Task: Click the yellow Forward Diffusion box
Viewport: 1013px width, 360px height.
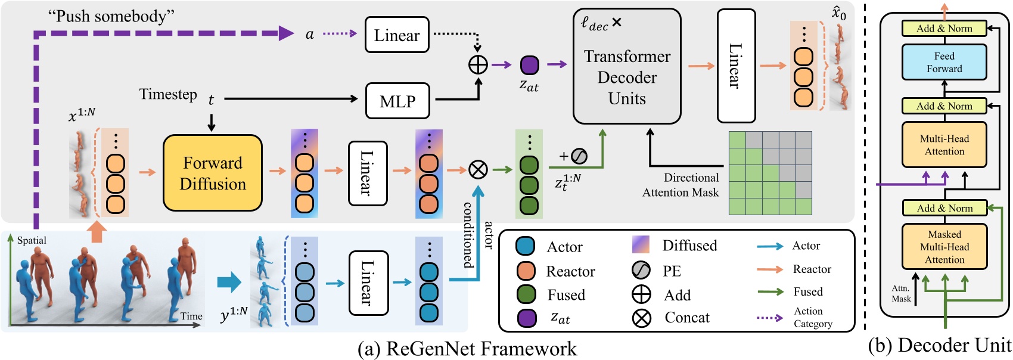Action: click(x=213, y=173)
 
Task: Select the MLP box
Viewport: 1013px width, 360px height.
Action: click(x=397, y=101)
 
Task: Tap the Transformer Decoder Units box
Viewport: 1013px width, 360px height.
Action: click(x=627, y=67)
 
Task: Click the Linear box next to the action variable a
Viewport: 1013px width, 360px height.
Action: click(x=397, y=35)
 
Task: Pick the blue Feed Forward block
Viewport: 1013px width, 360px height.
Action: click(x=944, y=62)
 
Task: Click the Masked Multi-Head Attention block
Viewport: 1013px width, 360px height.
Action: click(x=944, y=247)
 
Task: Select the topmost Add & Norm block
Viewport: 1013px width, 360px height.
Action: click(x=944, y=28)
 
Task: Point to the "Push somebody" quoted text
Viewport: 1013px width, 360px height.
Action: click(x=111, y=16)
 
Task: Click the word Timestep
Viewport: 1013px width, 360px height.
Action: click(x=168, y=94)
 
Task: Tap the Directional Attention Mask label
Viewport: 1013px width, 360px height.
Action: click(x=681, y=185)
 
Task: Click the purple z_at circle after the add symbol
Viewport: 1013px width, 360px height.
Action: click(x=529, y=65)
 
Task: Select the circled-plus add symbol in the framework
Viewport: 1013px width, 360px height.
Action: click(x=478, y=64)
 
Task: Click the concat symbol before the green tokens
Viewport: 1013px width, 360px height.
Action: click(x=478, y=170)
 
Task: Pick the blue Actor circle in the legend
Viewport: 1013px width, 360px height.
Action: click(x=525, y=246)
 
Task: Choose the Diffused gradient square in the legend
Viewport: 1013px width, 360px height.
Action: click(x=641, y=244)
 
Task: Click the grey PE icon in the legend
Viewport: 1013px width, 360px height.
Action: click(x=641, y=271)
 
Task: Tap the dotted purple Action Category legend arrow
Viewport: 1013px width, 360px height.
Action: click(x=769, y=317)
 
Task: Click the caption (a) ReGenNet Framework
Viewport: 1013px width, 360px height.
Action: click(x=467, y=349)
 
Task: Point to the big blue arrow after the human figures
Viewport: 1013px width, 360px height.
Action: click(x=229, y=282)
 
